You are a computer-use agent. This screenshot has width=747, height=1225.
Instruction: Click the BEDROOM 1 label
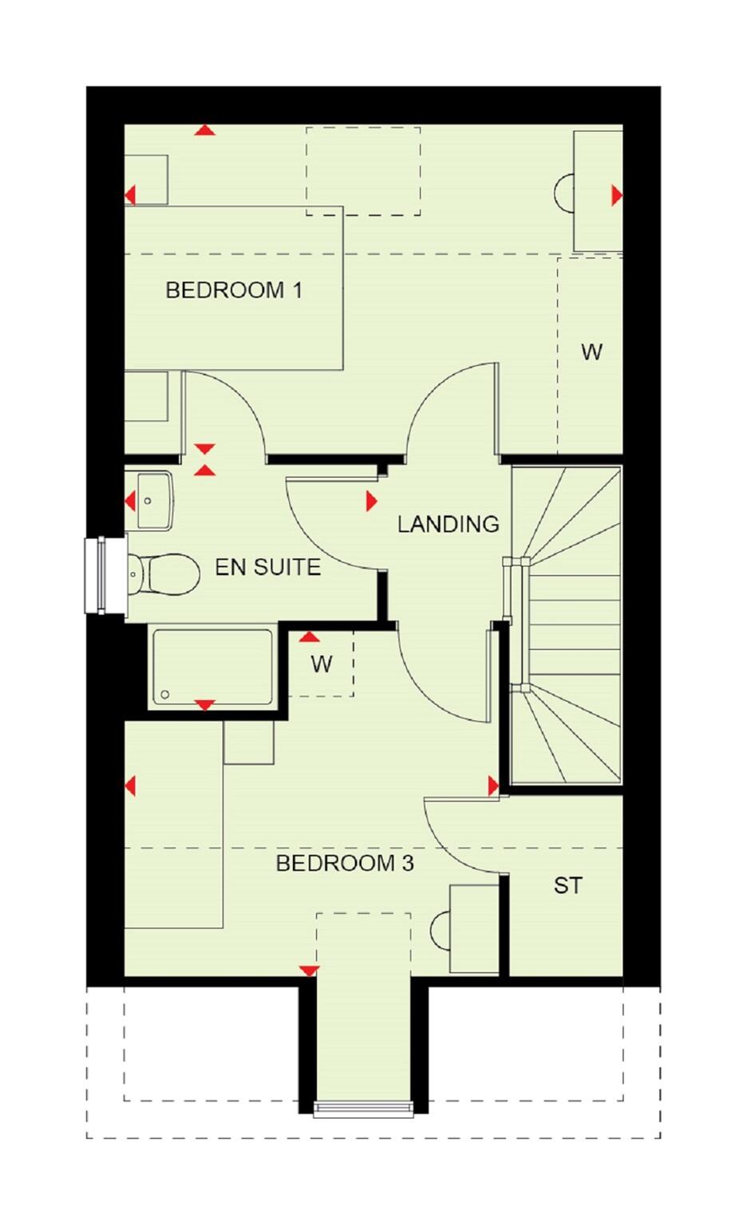click(234, 290)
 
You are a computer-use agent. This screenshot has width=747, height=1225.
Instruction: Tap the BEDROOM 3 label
click(344, 863)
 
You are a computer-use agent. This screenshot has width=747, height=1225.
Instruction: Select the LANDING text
click(448, 524)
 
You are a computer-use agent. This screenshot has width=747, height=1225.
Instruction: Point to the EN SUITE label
click(267, 567)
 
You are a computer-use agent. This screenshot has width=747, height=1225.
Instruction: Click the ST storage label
click(567, 885)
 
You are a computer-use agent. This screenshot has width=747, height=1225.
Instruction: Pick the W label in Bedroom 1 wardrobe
click(591, 352)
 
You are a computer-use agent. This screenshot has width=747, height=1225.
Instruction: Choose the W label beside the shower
click(321, 664)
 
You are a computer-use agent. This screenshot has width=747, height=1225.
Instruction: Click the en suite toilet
click(165, 573)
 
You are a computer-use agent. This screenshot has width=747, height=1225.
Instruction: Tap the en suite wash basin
click(153, 501)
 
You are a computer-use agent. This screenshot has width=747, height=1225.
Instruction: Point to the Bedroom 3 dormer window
click(363, 1108)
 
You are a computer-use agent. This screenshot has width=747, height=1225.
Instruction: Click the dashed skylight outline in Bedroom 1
click(363, 171)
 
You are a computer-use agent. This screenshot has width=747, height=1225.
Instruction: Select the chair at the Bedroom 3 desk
click(441, 930)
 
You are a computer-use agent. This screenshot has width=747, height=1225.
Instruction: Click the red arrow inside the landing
click(371, 501)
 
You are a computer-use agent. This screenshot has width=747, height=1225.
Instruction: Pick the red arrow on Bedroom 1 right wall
click(616, 195)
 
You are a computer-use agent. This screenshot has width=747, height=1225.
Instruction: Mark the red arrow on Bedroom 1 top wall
click(205, 130)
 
